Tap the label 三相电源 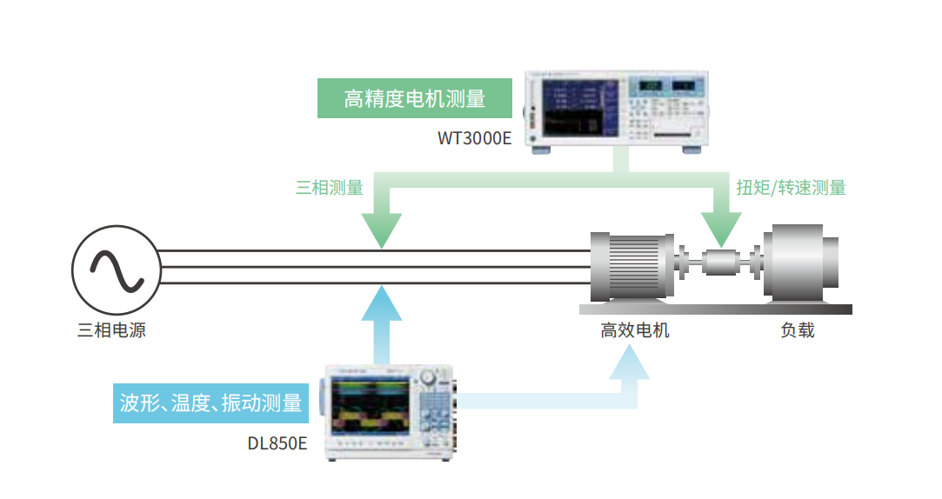tap(112, 330)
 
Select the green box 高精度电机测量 tap(414, 98)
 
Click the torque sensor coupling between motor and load tap(720, 262)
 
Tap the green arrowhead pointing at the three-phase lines tap(380, 230)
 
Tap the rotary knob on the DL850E tap(427, 377)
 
